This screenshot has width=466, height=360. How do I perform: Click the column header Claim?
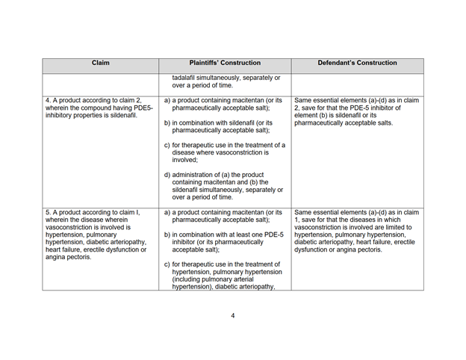[100, 63]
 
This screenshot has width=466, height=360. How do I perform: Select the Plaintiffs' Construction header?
[223, 63]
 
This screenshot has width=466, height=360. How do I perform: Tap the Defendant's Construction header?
[357, 63]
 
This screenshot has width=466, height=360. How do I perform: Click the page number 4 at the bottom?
[233, 315]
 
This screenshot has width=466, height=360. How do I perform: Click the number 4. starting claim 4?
[49, 99]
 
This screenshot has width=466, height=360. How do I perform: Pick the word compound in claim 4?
[100, 108]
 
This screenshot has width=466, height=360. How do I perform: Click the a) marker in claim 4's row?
[167, 99]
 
